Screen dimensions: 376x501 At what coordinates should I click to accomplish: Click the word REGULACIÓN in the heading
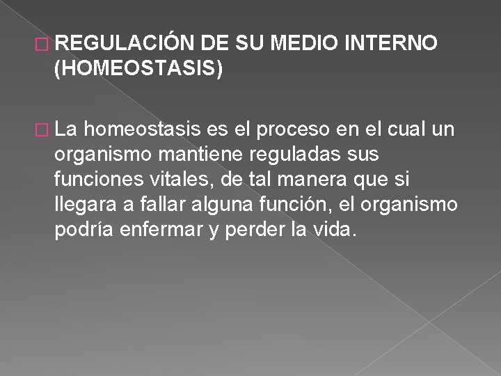tap(127, 45)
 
